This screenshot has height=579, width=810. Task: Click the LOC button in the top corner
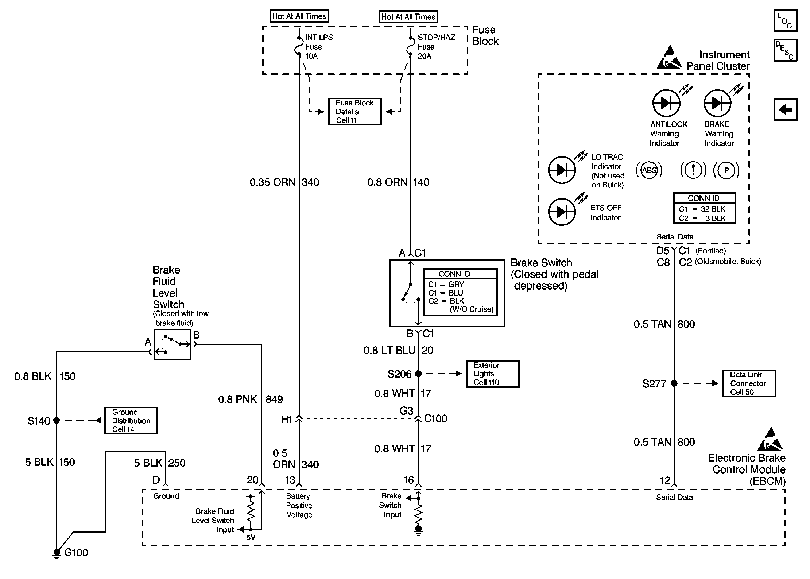[785, 21]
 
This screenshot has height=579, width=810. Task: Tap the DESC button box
[785, 50]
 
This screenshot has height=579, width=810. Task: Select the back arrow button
[785, 110]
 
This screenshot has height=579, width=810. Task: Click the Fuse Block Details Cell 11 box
[354, 112]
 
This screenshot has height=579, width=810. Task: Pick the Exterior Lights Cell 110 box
[493, 374]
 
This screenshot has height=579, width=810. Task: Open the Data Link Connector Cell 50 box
[749, 383]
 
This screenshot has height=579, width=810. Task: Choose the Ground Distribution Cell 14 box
[131, 421]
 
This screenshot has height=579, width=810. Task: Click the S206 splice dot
[418, 374]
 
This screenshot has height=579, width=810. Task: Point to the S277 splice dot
[674, 383]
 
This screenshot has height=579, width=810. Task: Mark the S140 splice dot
[56, 420]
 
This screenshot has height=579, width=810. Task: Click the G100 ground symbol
[56, 553]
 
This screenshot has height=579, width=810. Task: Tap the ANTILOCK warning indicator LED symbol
[666, 103]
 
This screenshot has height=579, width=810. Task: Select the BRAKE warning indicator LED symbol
[717, 103]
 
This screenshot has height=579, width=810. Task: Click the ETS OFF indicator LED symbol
[562, 212]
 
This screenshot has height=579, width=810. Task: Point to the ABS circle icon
[649, 170]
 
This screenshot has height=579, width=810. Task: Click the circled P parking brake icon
[726, 170]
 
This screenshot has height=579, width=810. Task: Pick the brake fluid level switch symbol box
[172, 344]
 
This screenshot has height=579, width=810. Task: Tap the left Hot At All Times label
[299, 16]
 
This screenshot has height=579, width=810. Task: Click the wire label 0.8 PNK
[237, 399]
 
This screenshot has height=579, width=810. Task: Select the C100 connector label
[435, 418]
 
